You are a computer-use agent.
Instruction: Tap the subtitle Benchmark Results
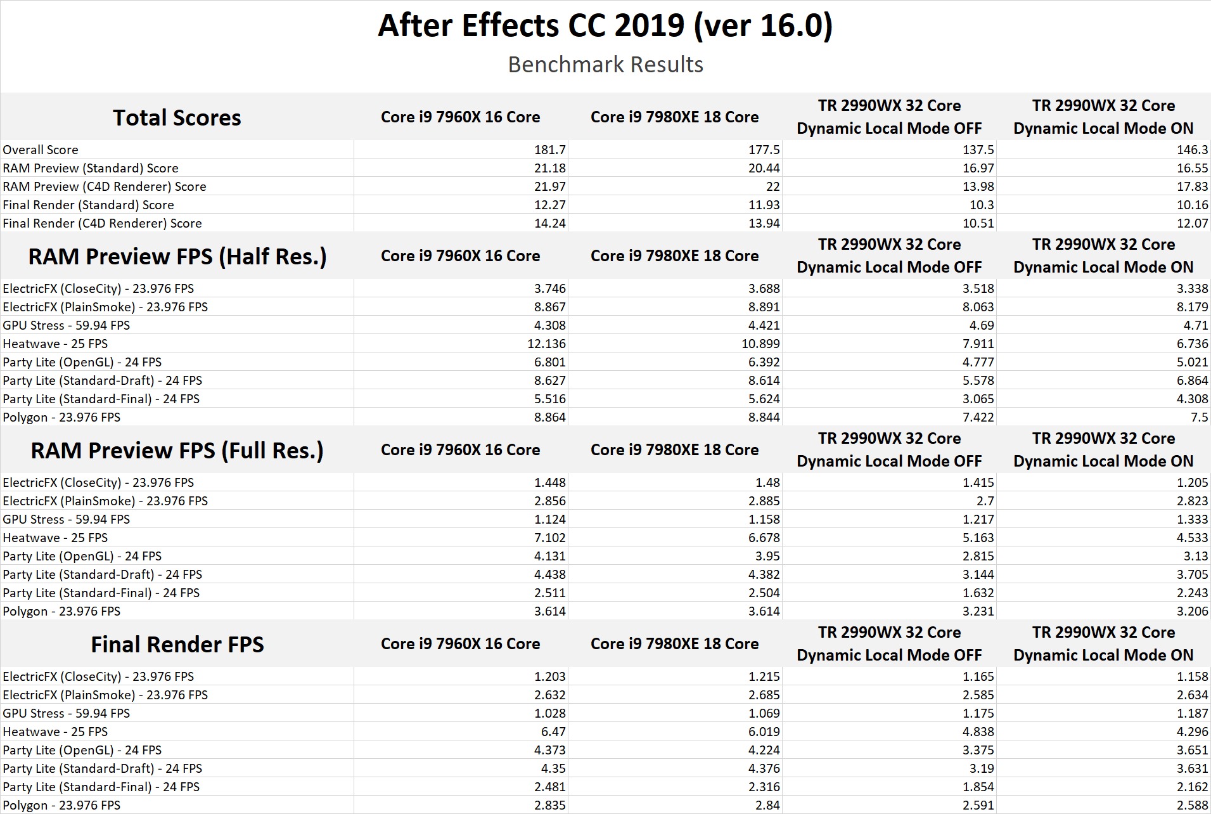click(605, 65)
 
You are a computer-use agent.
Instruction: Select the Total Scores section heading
click(177, 118)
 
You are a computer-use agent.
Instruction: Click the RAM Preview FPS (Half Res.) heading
click(177, 257)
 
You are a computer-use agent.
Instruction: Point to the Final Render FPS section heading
click(177, 645)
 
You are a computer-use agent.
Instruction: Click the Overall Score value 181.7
click(549, 150)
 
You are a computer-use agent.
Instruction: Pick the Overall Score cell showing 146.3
click(1192, 150)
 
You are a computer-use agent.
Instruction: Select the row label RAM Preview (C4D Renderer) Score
click(105, 186)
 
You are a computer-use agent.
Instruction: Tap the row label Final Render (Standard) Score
click(88, 205)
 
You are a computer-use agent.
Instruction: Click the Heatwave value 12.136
click(546, 344)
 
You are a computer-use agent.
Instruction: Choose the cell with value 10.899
click(760, 344)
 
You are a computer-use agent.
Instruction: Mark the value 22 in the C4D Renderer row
click(772, 186)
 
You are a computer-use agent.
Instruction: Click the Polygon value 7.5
click(1200, 417)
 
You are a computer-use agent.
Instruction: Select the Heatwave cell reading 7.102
click(549, 538)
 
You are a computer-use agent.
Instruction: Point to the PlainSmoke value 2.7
click(985, 501)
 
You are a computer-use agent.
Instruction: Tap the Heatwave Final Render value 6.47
click(553, 732)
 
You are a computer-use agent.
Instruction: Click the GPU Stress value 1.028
click(549, 713)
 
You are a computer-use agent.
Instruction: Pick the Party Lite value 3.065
click(978, 399)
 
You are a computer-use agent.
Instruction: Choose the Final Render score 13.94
click(764, 223)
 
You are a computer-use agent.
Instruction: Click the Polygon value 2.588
click(1192, 805)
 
